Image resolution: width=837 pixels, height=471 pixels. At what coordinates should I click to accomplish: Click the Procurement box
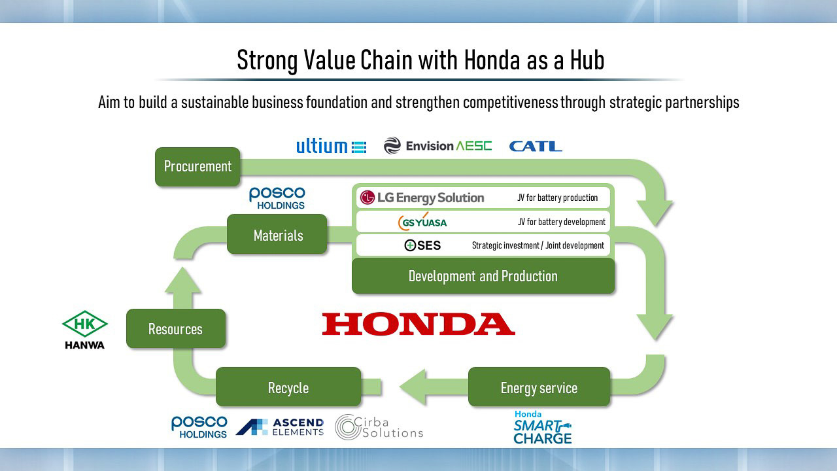197,167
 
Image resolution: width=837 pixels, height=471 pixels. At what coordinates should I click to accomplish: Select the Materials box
277,234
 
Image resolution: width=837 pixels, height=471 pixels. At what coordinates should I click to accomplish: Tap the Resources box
176,328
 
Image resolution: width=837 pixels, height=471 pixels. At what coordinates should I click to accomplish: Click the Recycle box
288,387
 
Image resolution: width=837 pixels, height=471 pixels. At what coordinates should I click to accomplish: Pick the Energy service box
539,387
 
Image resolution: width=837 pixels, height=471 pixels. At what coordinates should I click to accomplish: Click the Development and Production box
483,276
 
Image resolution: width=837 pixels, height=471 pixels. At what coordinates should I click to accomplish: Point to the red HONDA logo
418,324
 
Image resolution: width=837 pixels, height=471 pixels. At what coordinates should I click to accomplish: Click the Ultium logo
332,146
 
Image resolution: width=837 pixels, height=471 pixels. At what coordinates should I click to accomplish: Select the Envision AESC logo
437,145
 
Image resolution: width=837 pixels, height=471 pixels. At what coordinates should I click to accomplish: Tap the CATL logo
536,146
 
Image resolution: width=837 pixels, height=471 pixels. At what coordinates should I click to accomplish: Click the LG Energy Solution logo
422,198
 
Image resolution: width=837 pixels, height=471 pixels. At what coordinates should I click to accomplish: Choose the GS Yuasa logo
422,222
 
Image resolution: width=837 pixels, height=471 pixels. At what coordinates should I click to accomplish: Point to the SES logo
422,245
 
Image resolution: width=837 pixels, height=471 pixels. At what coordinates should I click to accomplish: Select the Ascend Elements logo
280,427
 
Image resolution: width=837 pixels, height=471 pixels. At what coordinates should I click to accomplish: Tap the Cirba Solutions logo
379,427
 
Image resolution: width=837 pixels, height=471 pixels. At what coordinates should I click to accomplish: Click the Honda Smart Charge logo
543,427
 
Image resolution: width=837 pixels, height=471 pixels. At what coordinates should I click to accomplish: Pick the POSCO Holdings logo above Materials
277,198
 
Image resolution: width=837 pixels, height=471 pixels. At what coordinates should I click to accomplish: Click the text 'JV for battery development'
562,222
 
